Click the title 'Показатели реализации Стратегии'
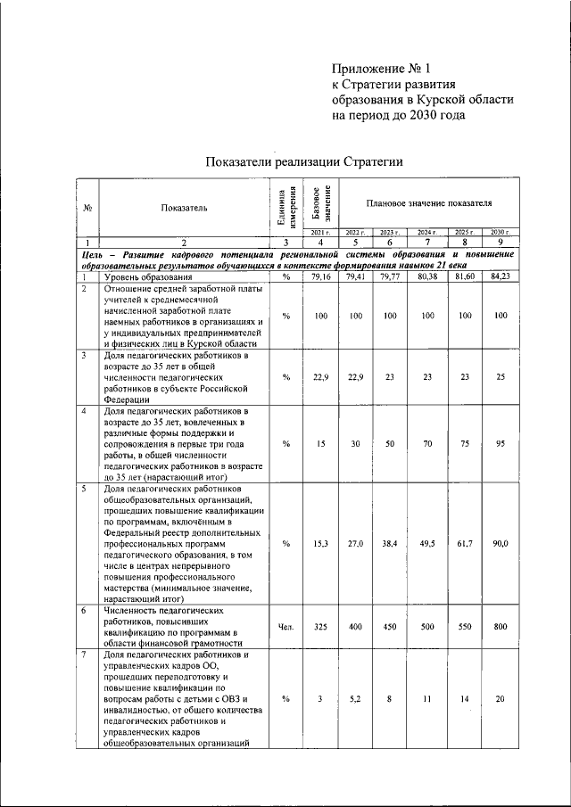click(304, 161)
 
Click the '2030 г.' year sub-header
click(500, 232)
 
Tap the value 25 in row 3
click(500, 377)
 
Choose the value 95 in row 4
click(500, 443)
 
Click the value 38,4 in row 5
click(390, 543)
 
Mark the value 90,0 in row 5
click(500, 543)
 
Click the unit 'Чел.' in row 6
click(285, 627)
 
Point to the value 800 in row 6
click(500, 627)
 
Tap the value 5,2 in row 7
click(355, 701)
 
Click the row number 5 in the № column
click(83, 489)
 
